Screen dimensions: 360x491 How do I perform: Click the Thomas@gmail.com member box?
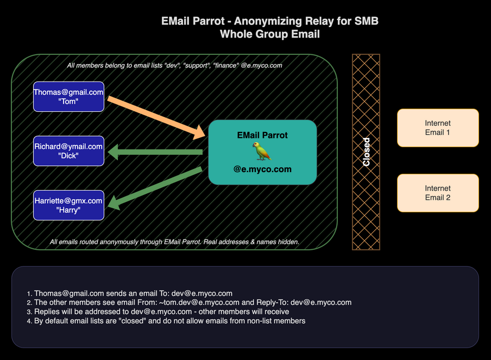68,96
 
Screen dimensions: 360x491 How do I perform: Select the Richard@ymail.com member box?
68,150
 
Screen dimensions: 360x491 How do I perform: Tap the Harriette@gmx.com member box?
68,205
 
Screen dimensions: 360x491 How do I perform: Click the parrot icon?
262,151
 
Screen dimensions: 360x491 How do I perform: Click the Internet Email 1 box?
438,128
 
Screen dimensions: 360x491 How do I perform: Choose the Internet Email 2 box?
438,193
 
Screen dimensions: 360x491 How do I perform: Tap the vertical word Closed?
367,152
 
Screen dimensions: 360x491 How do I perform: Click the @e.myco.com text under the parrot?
262,169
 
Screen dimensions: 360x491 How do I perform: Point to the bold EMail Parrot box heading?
262,135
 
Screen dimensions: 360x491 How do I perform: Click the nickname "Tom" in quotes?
68,101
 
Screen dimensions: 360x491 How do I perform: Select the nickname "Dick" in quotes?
68,156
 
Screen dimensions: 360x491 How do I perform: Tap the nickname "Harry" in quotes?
68,210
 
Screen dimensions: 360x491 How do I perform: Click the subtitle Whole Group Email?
270,34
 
